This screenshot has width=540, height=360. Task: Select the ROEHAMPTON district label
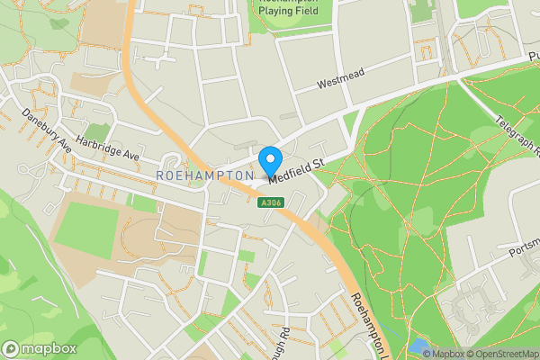205,175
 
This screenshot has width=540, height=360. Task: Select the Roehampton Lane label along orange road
368,324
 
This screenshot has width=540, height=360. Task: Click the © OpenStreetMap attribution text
502,354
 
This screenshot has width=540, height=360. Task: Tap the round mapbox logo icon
12,348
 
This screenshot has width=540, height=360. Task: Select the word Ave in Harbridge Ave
132,156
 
